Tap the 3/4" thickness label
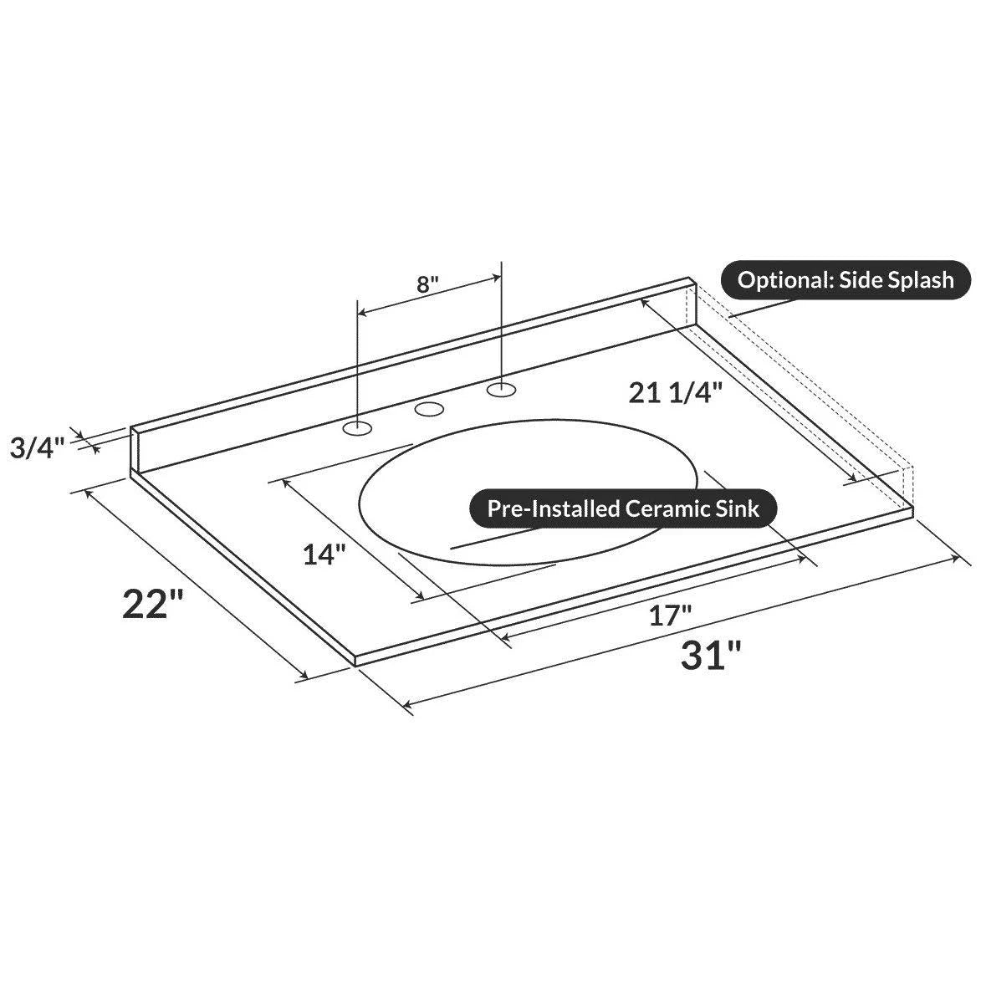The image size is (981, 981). (x=38, y=447)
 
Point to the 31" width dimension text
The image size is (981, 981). (x=711, y=656)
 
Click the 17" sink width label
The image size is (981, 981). (x=669, y=616)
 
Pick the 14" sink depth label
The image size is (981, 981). (x=324, y=554)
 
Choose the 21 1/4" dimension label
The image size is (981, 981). (x=676, y=393)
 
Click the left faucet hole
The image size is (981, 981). (x=357, y=428)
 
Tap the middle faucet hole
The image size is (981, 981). (x=429, y=410)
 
